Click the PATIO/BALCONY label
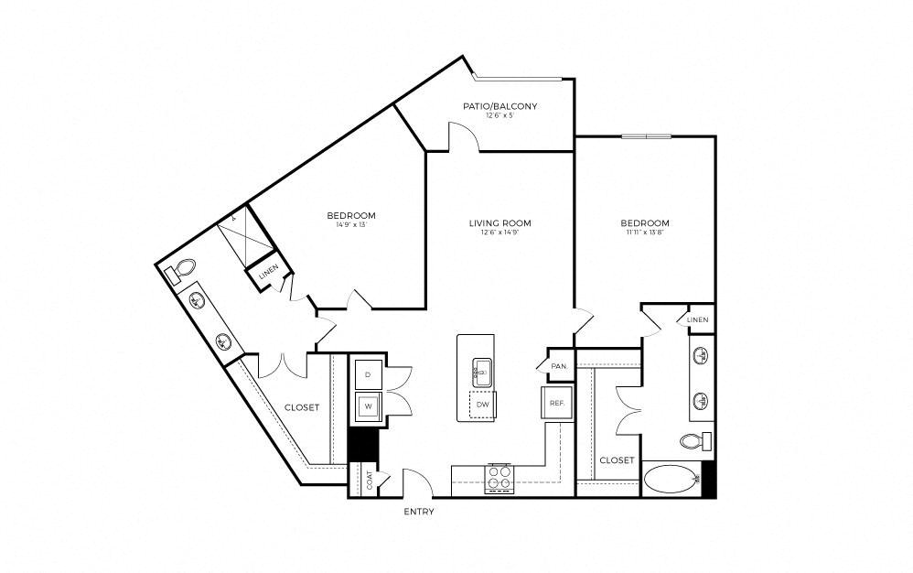pos(499,106)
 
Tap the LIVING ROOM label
pos(499,222)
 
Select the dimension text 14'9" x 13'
pos(350,225)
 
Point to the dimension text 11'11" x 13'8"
pos(644,232)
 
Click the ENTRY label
pos(418,512)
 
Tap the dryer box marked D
pos(368,375)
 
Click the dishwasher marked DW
pos(481,404)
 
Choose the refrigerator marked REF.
pos(555,403)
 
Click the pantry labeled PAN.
pos(559,366)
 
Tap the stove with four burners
pos(500,477)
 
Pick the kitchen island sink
pos(481,372)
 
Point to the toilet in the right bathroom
pos(697,441)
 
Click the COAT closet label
pos(370,481)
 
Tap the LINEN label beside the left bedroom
pos(267,273)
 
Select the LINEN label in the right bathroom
pos(697,319)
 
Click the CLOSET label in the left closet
pos(301,407)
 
